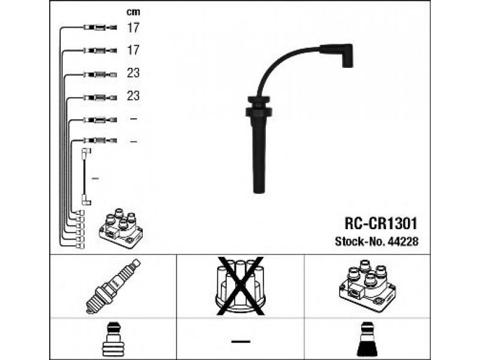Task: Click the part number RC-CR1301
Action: coord(381,223)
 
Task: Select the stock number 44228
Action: coord(403,241)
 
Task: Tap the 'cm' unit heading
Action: coord(133,12)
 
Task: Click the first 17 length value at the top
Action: coord(133,28)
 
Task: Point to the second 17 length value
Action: coord(133,50)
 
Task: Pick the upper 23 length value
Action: coord(133,73)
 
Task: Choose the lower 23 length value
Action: coord(133,96)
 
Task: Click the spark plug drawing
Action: coord(113,286)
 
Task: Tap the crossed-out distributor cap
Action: coord(241,286)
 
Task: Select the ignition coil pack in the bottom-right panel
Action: coord(367,286)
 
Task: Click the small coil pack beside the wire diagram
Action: coord(121,228)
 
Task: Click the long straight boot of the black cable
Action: coord(259,155)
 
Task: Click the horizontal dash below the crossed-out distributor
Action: coord(241,341)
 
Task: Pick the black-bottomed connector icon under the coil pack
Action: coord(367,340)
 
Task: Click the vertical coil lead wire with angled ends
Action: coord(85,176)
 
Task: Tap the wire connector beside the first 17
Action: coord(100,28)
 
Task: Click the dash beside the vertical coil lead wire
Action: coord(95,178)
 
